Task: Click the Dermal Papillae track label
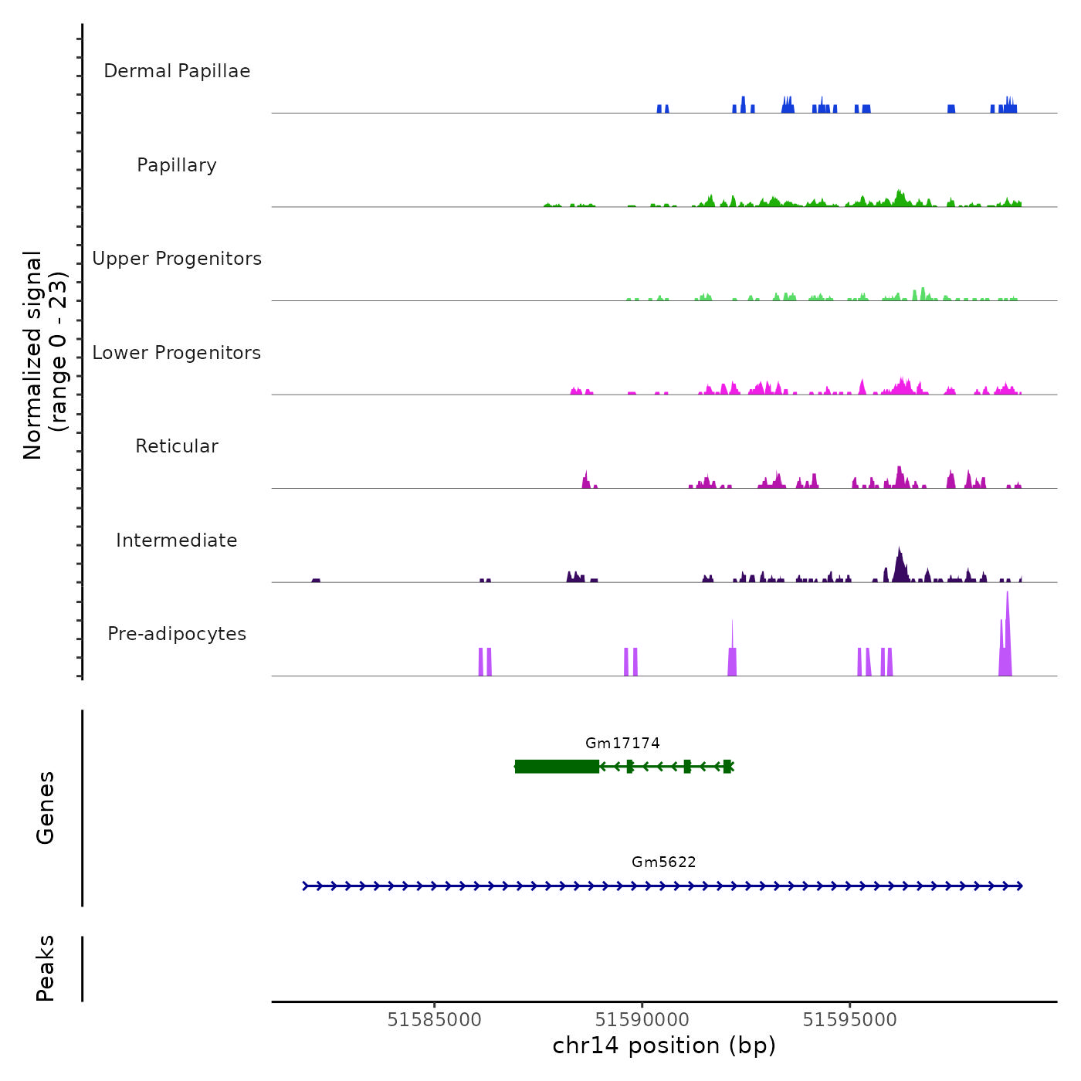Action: (x=177, y=71)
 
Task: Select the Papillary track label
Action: (x=177, y=165)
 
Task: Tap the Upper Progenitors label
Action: (x=177, y=259)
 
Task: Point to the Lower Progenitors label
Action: (x=177, y=353)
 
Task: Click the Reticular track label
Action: (x=177, y=446)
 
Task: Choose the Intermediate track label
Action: (x=177, y=540)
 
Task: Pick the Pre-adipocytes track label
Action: (x=177, y=634)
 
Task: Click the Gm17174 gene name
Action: (x=622, y=744)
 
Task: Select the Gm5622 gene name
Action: (x=664, y=862)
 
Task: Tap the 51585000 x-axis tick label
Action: (x=435, y=1020)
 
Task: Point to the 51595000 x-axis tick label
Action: (x=850, y=1020)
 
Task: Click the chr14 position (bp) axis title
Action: (x=664, y=1045)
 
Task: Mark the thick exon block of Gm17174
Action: (x=557, y=767)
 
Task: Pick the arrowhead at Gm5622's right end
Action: (x=1019, y=886)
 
